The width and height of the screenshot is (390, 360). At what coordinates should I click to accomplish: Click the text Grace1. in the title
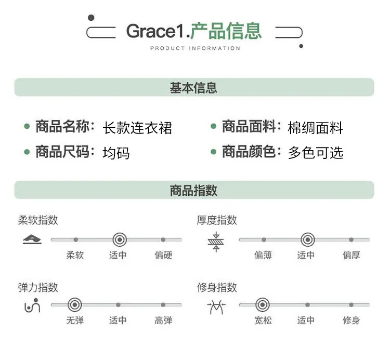pyautogui.click(x=158, y=31)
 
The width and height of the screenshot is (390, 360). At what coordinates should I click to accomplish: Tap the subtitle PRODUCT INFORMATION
pyautogui.click(x=195, y=48)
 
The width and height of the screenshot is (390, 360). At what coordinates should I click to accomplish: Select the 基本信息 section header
pyautogui.click(x=193, y=88)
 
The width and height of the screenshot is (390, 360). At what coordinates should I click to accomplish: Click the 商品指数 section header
pyautogui.click(x=193, y=191)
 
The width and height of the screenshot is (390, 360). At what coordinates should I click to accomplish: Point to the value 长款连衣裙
pyautogui.click(x=137, y=128)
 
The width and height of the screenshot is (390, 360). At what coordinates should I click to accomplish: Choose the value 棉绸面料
pyautogui.click(x=315, y=128)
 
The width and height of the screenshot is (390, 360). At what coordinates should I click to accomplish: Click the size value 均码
pyautogui.click(x=116, y=153)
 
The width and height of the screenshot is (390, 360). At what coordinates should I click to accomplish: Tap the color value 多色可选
pyautogui.click(x=316, y=153)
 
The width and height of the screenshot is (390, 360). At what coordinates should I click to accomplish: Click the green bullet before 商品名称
pyautogui.click(x=27, y=126)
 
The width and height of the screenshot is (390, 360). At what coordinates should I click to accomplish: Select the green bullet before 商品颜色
pyautogui.click(x=213, y=151)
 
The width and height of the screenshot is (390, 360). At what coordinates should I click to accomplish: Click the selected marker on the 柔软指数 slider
pyautogui.click(x=120, y=240)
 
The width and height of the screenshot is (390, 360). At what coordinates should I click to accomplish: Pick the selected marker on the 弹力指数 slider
pyautogui.click(x=74, y=304)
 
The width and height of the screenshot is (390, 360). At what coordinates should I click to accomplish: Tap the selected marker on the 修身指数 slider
pyautogui.click(x=263, y=304)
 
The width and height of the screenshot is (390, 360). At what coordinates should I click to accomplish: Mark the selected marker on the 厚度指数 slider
pyautogui.click(x=308, y=240)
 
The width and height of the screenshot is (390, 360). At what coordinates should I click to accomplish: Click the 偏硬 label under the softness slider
pyautogui.click(x=163, y=255)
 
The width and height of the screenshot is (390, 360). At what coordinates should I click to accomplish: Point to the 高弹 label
pyautogui.click(x=163, y=320)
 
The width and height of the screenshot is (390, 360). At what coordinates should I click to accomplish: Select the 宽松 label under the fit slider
pyautogui.click(x=263, y=320)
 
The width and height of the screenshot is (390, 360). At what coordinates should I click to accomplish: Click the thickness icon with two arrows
pyautogui.click(x=216, y=242)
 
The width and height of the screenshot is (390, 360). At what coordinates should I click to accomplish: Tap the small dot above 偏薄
pyautogui.click(x=264, y=240)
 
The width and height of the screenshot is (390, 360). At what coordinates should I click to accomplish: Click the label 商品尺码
pyautogui.click(x=62, y=152)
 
